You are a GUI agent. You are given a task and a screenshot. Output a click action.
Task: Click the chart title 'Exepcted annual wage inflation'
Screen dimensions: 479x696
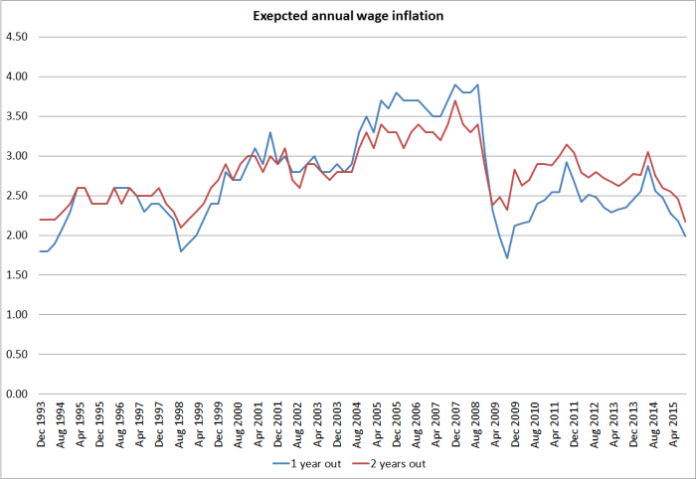tap(348, 16)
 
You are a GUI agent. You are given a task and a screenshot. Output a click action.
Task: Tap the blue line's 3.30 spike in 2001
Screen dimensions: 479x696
tap(269, 132)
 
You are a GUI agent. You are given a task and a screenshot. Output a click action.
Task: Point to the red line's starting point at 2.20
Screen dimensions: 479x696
tap(41, 220)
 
